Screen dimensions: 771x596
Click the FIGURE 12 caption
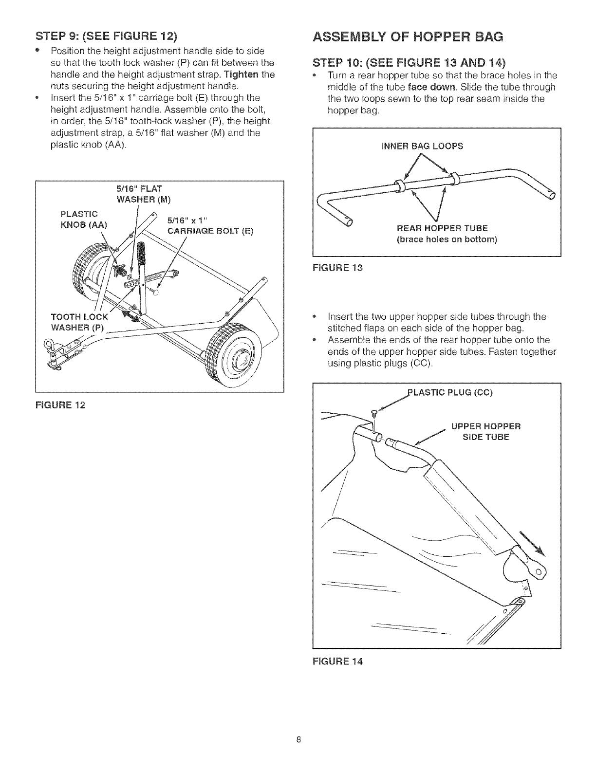pyautogui.click(x=60, y=404)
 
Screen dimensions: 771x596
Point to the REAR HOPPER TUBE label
pyautogui.click(x=442, y=228)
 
